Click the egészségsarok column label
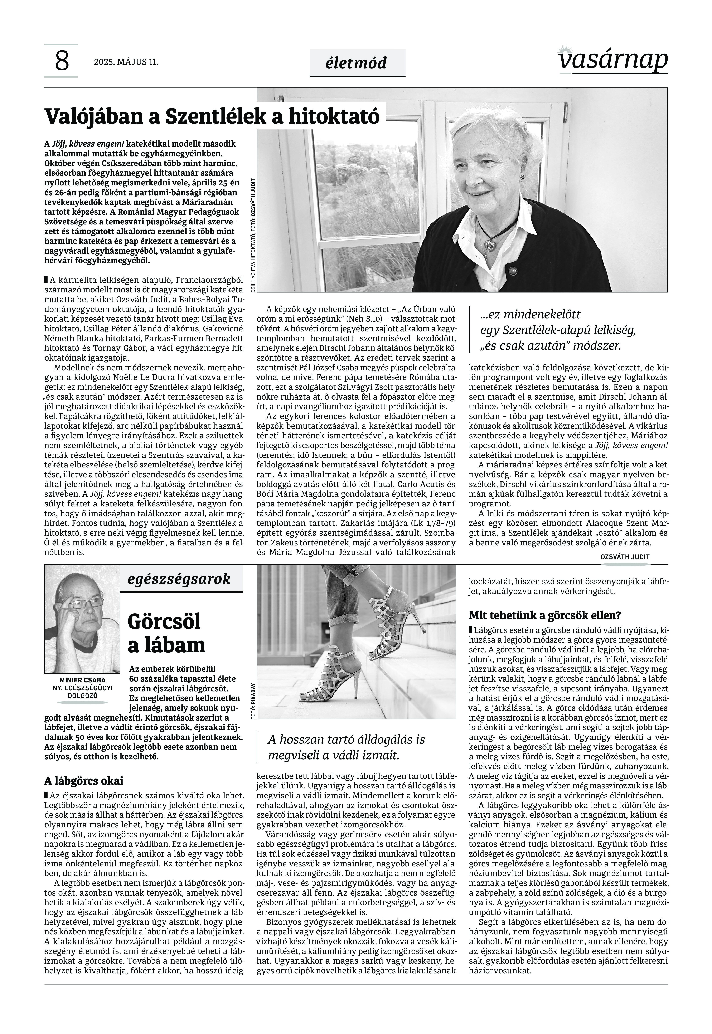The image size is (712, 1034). [x=179, y=579]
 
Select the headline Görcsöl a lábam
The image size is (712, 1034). [x=166, y=633]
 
